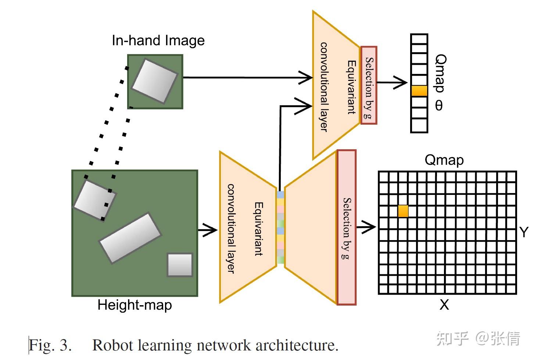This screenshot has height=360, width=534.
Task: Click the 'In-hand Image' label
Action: tap(158, 40)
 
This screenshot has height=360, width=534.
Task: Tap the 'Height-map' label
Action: tap(135, 305)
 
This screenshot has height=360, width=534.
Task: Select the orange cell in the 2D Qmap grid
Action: tap(403, 211)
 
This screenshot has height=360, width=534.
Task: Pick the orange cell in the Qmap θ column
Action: tap(419, 91)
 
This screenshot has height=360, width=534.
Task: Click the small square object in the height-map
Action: tap(180, 265)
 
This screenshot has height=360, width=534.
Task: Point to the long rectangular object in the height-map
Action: tap(130, 238)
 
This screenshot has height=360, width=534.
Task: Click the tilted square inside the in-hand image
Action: tap(154, 81)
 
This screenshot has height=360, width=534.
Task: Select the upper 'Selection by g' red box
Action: tap(369, 85)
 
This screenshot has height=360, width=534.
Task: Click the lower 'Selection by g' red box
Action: tap(347, 228)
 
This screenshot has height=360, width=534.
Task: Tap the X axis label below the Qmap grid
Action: tap(444, 305)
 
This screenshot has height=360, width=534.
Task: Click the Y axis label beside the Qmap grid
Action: tap(524, 232)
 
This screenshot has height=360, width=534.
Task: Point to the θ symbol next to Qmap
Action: tap(439, 106)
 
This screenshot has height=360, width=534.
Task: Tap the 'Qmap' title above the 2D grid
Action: tap(444, 160)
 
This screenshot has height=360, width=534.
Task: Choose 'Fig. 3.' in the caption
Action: tap(50, 345)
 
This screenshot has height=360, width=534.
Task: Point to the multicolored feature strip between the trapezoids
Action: tap(280, 227)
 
